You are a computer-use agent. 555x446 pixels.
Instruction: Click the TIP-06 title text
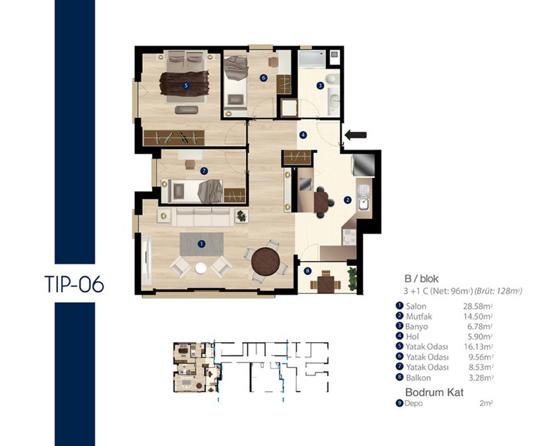[x=74, y=284]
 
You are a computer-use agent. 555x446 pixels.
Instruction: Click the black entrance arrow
[x=356, y=134]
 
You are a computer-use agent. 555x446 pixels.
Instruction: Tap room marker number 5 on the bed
[x=185, y=85]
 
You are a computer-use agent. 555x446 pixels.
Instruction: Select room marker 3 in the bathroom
[x=320, y=85]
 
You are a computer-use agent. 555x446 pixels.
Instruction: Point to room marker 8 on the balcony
[x=307, y=271]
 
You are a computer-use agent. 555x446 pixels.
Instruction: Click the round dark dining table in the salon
[x=266, y=262]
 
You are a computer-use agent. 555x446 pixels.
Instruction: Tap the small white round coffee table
[x=200, y=268]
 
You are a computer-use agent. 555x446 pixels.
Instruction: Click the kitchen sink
[x=364, y=198]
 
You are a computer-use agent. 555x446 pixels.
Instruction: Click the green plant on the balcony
[x=352, y=279]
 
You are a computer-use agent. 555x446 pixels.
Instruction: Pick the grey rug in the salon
[x=201, y=244]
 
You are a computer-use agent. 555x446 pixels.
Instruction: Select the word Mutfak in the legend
[x=419, y=316]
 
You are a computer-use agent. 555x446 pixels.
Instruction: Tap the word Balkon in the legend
[x=418, y=377]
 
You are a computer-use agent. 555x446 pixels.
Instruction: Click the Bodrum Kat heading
[x=434, y=392]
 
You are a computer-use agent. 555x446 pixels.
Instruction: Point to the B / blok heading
[x=422, y=279]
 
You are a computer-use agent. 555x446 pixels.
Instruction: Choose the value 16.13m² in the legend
[x=479, y=347]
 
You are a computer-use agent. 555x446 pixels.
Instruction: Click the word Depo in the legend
[x=413, y=403]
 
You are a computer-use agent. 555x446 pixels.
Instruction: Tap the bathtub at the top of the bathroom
[x=311, y=58]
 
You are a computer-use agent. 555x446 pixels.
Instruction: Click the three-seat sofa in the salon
[x=203, y=217]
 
